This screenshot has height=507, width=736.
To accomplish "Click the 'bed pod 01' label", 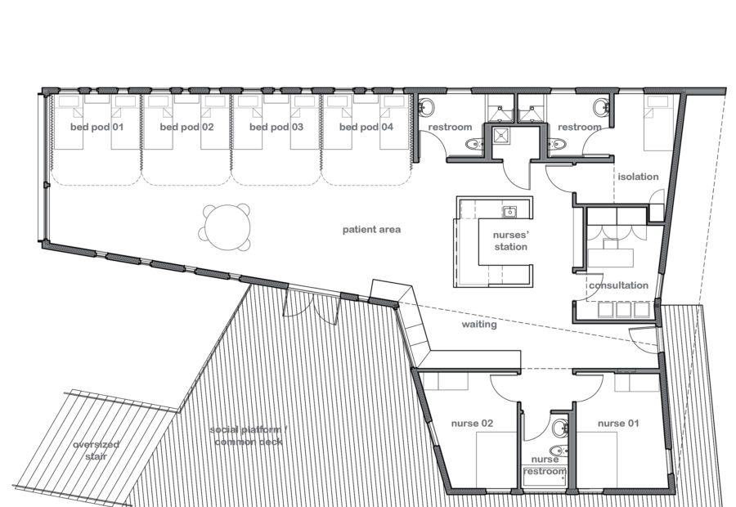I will pyautogui.click(x=96, y=128).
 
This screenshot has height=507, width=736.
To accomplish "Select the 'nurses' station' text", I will pyautogui.click(x=505, y=241).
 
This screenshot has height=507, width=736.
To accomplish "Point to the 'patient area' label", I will pyautogui.click(x=371, y=230).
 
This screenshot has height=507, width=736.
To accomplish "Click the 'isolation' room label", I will pyautogui.click(x=637, y=177).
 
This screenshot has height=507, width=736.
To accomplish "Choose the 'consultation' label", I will pyautogui.click(x=617, y=285).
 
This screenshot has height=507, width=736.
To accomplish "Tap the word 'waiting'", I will pyautogui.click(x=480, y=325).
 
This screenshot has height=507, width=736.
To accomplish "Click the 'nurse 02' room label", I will pyautogui.click(x=473, y=424).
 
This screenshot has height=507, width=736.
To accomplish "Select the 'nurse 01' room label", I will pyautogui.click(x=618, y=424).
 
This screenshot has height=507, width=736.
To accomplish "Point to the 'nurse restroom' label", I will pyautogui.click(x=545, y=465).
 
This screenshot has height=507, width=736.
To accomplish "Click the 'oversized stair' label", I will pyautogui.click(x=96, y=450).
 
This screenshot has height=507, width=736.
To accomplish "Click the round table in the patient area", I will pyautogui.click(x=224, y=227).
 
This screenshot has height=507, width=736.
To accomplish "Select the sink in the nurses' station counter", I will pyautogui.click(x=509, y=213).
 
